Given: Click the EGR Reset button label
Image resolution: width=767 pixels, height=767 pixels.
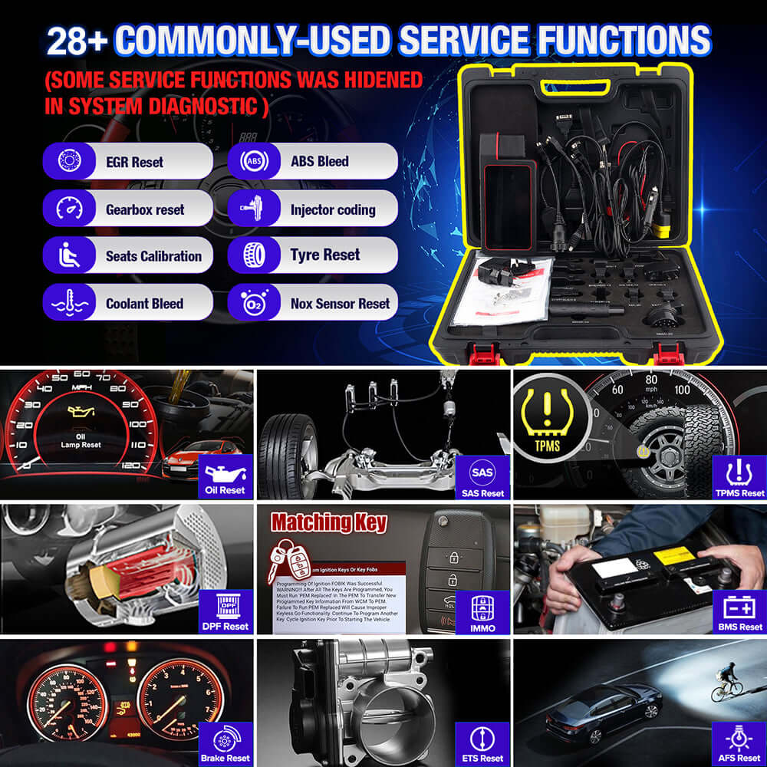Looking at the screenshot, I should click(134, 162).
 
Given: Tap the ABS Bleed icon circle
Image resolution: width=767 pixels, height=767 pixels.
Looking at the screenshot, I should click(255, 161).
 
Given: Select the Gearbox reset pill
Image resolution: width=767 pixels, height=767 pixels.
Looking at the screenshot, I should click(127, 209).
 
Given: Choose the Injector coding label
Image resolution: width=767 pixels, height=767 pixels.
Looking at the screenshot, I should click(332, 209).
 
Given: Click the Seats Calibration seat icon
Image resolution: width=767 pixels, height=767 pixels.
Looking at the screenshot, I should click(69, 255).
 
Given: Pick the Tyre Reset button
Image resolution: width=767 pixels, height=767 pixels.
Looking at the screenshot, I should click(312, 255).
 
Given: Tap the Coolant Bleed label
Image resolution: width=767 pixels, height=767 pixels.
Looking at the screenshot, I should click(144, 304).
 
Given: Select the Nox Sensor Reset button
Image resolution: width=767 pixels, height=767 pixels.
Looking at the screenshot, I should click(312, 303).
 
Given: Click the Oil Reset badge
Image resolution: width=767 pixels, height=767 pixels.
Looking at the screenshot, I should click(226, 476).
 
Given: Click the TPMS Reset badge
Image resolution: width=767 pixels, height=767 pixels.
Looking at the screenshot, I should click(741, 476).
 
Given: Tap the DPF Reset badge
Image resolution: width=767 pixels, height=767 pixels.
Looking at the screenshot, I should click(226, 611).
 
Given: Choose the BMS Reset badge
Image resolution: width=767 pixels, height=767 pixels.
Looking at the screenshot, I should click(741, 611).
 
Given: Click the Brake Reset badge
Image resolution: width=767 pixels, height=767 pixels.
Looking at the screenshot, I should click(226, 744).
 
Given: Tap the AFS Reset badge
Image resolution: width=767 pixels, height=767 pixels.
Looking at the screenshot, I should click(741, 744).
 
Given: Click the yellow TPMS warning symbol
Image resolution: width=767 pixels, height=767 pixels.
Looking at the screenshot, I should click(547, 418).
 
